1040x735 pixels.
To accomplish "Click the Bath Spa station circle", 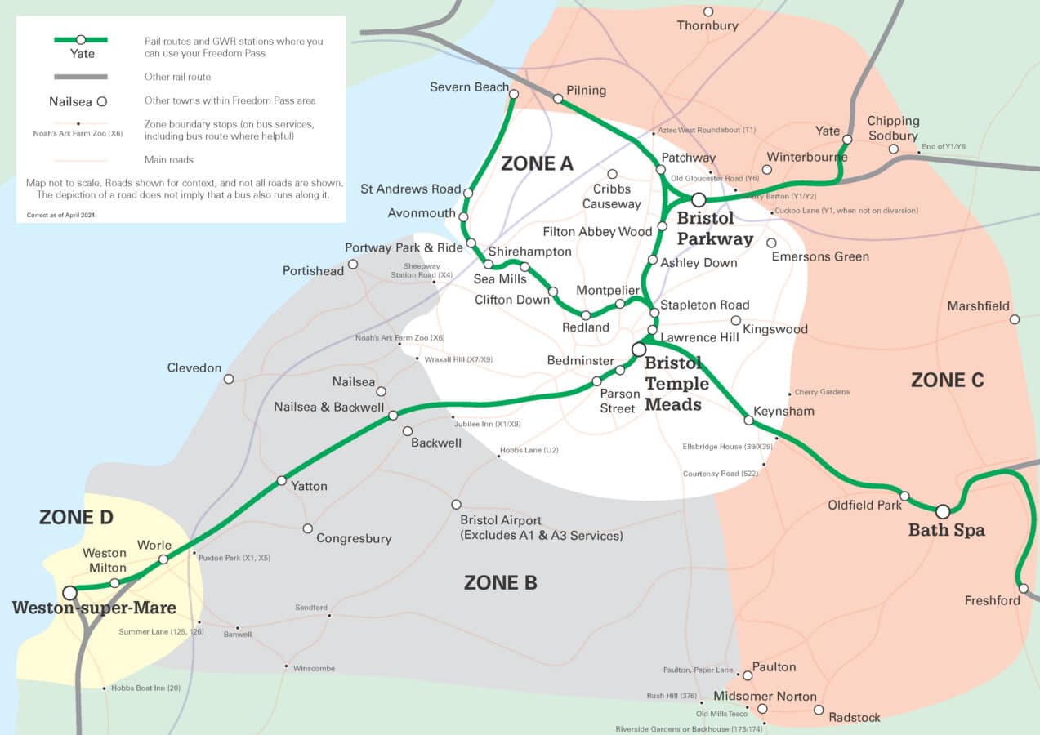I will (943, 511).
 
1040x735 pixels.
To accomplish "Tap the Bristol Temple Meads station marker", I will (639, 350).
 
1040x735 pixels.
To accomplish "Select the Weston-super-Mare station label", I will (94, 608).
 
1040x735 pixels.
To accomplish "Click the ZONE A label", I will (537, 163).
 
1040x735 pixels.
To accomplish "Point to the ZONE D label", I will (76, 517).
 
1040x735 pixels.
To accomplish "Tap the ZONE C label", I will (947, 380).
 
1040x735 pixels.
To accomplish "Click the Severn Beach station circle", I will (514, 94).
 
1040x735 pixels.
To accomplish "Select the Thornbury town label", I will (707, 25).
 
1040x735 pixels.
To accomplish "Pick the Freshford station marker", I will (1023, 588).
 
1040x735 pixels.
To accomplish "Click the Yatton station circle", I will (282, 480).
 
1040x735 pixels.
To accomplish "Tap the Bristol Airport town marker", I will (456, 504).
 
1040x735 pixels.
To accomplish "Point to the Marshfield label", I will (978, 306).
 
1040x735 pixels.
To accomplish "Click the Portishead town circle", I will (353, 264).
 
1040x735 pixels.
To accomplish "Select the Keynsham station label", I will (783, 411).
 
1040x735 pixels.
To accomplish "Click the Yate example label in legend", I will (82, 54).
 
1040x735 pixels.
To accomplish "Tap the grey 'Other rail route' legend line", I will (80, 77).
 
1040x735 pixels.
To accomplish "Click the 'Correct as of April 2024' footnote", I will (67, 216).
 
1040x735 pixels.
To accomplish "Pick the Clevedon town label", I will (194, 367).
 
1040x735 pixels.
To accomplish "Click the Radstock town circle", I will (819, 710).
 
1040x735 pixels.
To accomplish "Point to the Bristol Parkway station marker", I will (699, 199).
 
